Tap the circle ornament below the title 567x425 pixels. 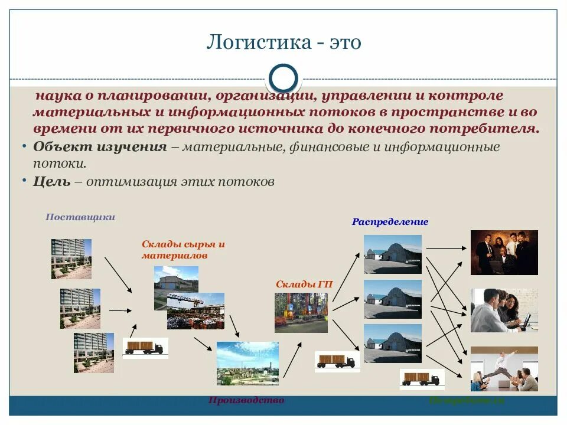click(x=283, y=79)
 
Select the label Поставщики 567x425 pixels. click(x=80, y=217)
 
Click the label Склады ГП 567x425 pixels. click(x=304, y=284)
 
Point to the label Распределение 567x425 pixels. click(x=390, y=222)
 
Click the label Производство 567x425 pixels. click(x=246, y=400)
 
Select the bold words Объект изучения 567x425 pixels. click(x=100, y=147)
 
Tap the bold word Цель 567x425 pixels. click(x=52, y=182)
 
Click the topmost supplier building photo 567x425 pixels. click(x=71, y=259)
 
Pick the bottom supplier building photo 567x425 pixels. click(x=93, y=352)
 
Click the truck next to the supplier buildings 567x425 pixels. click(x=145, y=348)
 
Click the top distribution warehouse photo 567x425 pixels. click(x=393, y=254)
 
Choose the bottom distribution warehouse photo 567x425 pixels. click(x=393, y=343)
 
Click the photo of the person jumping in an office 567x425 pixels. click(x=504, y=369)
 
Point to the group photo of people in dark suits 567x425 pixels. click(x=504, y=253)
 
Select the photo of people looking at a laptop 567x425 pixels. click(x=504, y=310)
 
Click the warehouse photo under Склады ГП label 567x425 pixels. click(x=301, y=312)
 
